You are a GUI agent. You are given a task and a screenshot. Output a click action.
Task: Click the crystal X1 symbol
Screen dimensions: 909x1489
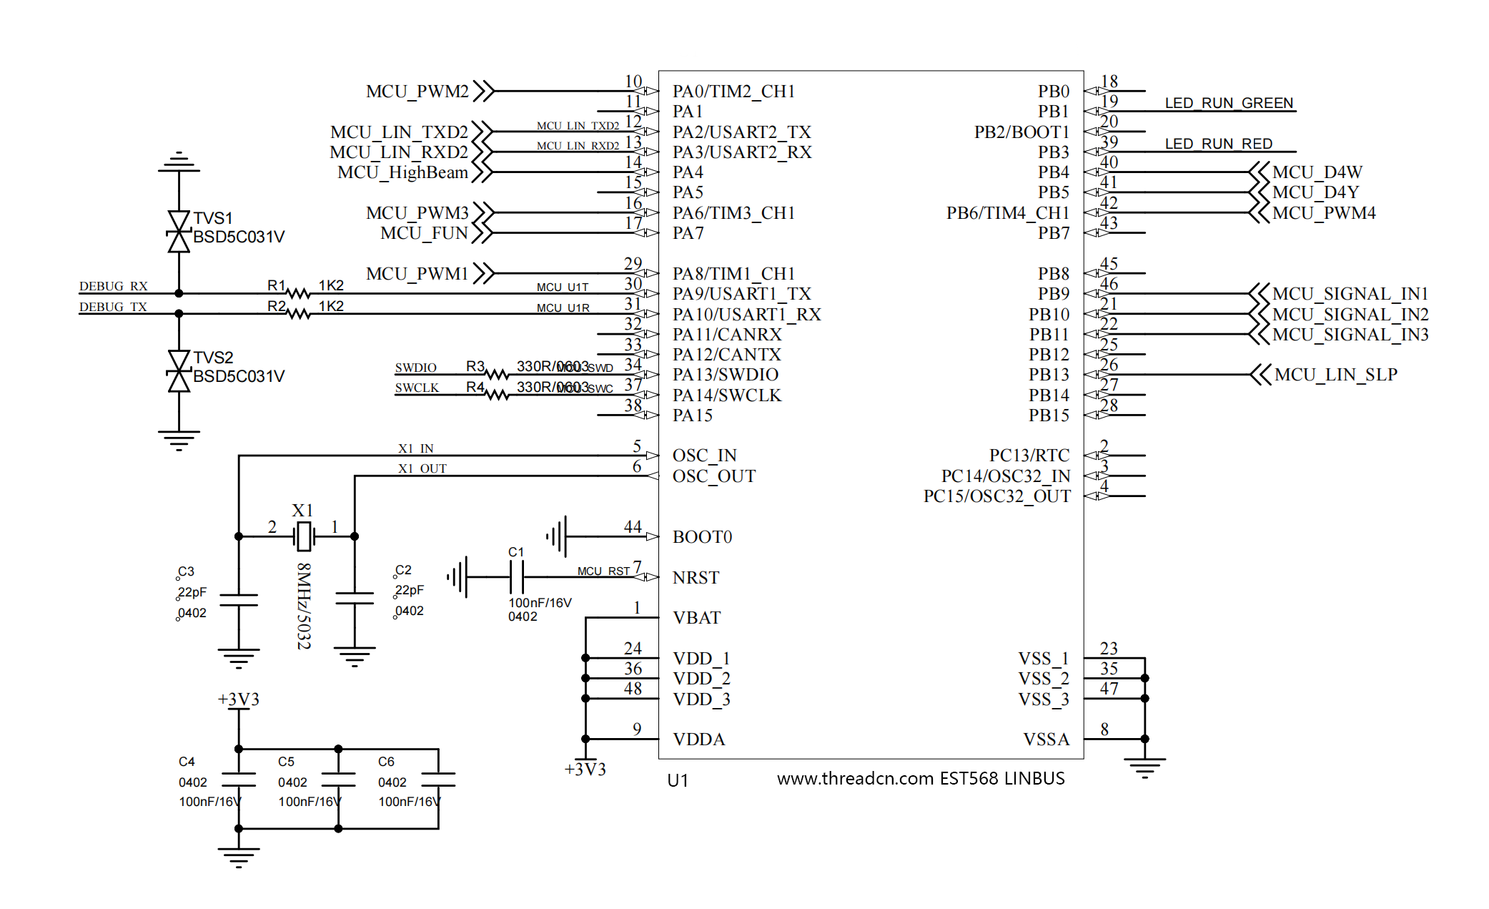[x=304, y=536]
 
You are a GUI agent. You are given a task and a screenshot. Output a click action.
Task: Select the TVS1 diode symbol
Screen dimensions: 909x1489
[x=179, y=231]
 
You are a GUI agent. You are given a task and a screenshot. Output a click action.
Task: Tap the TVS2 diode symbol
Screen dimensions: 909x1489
[x=179, y=370]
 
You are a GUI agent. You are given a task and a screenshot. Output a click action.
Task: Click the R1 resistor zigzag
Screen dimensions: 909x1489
[x=298, y=293]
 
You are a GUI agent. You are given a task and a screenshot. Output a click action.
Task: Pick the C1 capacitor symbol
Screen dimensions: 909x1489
[x=517, y=576]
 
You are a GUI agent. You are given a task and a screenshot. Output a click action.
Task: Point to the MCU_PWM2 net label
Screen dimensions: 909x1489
[x=417, y=92]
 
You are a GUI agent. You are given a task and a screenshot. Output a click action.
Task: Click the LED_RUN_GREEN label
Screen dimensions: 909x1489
[x=1229, y=103]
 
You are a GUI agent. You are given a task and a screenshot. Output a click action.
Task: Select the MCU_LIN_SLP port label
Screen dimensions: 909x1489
[x=1335, y=375]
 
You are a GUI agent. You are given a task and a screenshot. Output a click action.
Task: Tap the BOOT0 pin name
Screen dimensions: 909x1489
[x=702, y=537]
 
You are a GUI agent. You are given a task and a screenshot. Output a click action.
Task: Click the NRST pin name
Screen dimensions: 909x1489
[x=696, y=578]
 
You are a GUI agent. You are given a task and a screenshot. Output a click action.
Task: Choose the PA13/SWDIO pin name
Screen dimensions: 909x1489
[x=725, y=375]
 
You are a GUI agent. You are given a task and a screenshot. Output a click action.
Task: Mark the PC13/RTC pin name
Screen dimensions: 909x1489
[x=1029, y=456]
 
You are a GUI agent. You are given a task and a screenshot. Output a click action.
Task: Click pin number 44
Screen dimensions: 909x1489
[x=632, y=527]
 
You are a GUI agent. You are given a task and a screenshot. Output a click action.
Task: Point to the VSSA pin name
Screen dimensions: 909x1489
[x=1046, y=740]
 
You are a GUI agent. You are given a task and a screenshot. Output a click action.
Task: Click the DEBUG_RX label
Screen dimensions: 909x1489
[x=113, y=286]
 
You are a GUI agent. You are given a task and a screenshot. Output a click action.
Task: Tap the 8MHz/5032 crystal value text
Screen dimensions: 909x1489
[x=304, y=606]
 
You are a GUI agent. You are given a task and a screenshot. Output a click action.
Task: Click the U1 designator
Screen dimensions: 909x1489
[x=677, y=780]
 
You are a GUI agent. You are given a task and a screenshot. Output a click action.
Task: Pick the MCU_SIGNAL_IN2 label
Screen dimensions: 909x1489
[x=1350, y=315]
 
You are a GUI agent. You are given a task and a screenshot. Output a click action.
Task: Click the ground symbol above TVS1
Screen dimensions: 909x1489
[x=179, y=162]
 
